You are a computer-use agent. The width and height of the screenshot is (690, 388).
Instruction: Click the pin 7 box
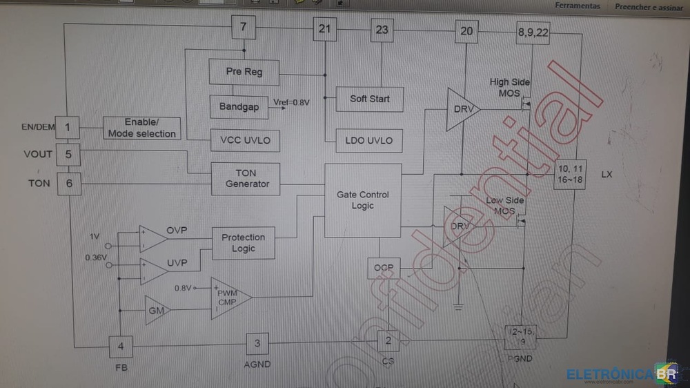[x=243, y=29]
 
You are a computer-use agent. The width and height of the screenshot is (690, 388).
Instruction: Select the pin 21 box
[x=324, y=29]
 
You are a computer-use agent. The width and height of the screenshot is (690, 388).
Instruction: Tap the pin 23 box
[x=382, y=30]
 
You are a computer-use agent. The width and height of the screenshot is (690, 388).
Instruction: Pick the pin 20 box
[x=466, y=31]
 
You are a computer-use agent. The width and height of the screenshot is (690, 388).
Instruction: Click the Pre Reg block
[x=244, y=72]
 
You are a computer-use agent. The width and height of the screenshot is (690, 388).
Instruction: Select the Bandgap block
[x=239, y=107]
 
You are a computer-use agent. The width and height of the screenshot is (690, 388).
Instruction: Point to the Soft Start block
[x=369, y=99]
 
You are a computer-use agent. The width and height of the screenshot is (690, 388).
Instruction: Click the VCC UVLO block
[x=245, y=141]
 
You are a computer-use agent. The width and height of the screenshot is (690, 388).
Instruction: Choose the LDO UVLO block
[x=368, y=141]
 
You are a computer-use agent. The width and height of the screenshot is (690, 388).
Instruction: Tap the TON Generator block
[x=245, y=179]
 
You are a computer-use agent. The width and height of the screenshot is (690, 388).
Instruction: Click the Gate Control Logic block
[x=362, y=200]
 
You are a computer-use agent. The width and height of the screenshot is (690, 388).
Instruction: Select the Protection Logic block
[x=243, y=243]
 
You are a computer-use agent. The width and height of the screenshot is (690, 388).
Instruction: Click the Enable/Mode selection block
[x=141, y=128]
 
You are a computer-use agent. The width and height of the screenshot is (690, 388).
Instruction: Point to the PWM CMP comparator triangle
[x=228, y=298]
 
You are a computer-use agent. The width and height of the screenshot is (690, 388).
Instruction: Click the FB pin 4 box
[x=121, y=346]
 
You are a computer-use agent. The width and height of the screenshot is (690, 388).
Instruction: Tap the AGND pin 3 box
[x=257, y=343]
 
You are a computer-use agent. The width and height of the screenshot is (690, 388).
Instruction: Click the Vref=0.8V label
[x=291, y=103]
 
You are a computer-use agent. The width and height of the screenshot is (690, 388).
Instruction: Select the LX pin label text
[x=607, y=175]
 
